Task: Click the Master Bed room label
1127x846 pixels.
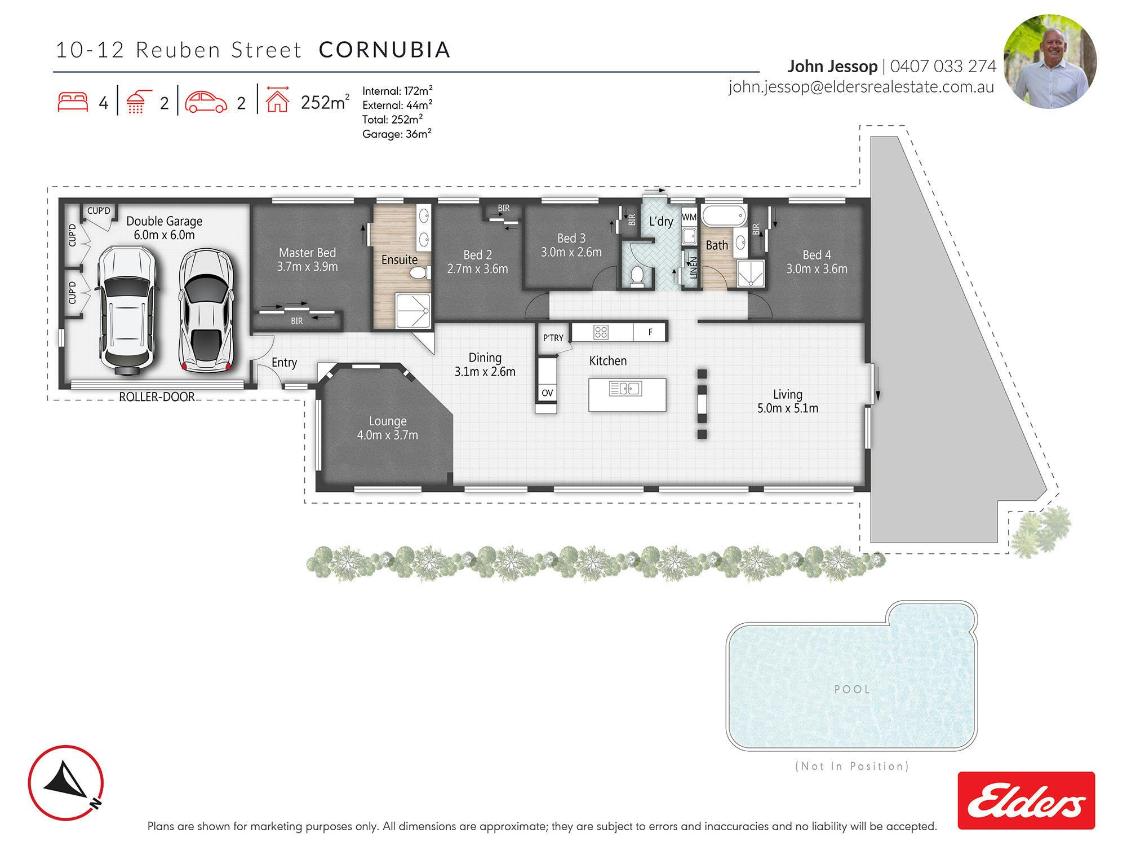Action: click(x=308, y=253)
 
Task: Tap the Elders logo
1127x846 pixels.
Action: click(x=1026, y=800)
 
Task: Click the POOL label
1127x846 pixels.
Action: click(x=852, y=689)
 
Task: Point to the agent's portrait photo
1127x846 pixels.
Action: click(x=1050, y=61)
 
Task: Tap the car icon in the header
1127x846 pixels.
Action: click(x=206, y=102)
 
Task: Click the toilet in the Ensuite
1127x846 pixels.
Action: click(x=419, y=273)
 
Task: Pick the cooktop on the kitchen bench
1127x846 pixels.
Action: click(x=601, y=332)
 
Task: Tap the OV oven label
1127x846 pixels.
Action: click(x=547, y=393)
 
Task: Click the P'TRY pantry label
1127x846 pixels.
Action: click(x=553, y=338)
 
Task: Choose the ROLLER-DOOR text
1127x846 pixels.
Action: click(x=157, y=397)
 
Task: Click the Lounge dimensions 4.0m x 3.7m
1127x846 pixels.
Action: click(x=388, y=435)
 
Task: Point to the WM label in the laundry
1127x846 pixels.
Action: click(x=689, y=217)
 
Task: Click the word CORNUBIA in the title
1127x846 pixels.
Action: click(x=385, y=50)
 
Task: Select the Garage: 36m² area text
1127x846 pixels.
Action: click(x=397, y=134)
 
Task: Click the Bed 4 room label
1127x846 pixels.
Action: click(x=817, y=255)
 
